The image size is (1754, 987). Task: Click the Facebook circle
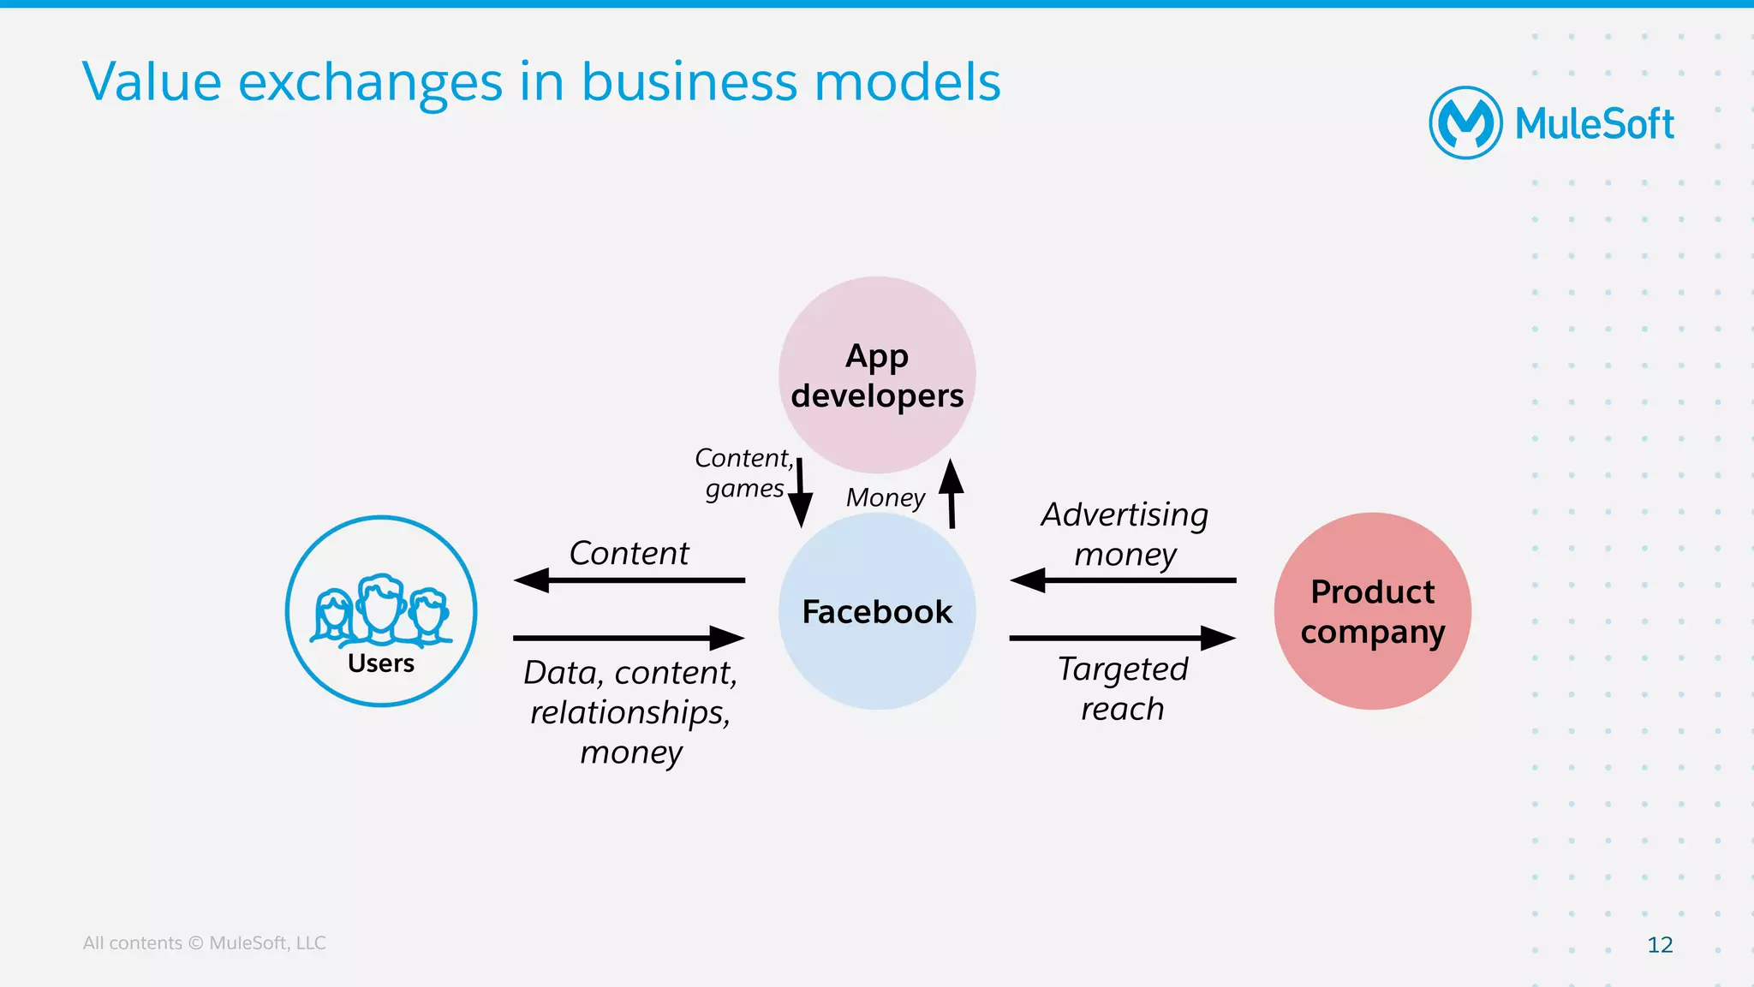[x=877, y=611]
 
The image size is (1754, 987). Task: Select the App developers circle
[x=877, y=375]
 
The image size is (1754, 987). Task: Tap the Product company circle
[x=1372, y=611]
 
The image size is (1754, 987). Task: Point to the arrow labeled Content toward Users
[x=629, y=580]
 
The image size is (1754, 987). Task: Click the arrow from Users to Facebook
[x=629, y=638]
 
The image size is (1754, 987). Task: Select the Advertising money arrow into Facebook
[x=1123, y=580]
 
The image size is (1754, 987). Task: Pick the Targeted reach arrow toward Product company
[x=1123, y=638]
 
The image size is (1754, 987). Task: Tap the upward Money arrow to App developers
[x=951, y=494]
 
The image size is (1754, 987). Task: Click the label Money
[x=885, y=497]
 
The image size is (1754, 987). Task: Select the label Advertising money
[x=1125, y=534]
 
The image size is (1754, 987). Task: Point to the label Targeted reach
[x=1123, y=688]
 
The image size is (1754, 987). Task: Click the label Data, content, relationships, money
[x=630, y=712]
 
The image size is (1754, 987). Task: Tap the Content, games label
[x=743, y=473]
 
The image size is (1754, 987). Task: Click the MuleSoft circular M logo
[x=1465, y=123]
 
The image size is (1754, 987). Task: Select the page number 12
[x=1660, y=944]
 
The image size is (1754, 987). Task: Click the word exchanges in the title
[x=370, y=83]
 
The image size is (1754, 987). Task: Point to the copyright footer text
[x=204, y=942]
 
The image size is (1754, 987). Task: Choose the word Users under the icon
[x=380, y=663]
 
